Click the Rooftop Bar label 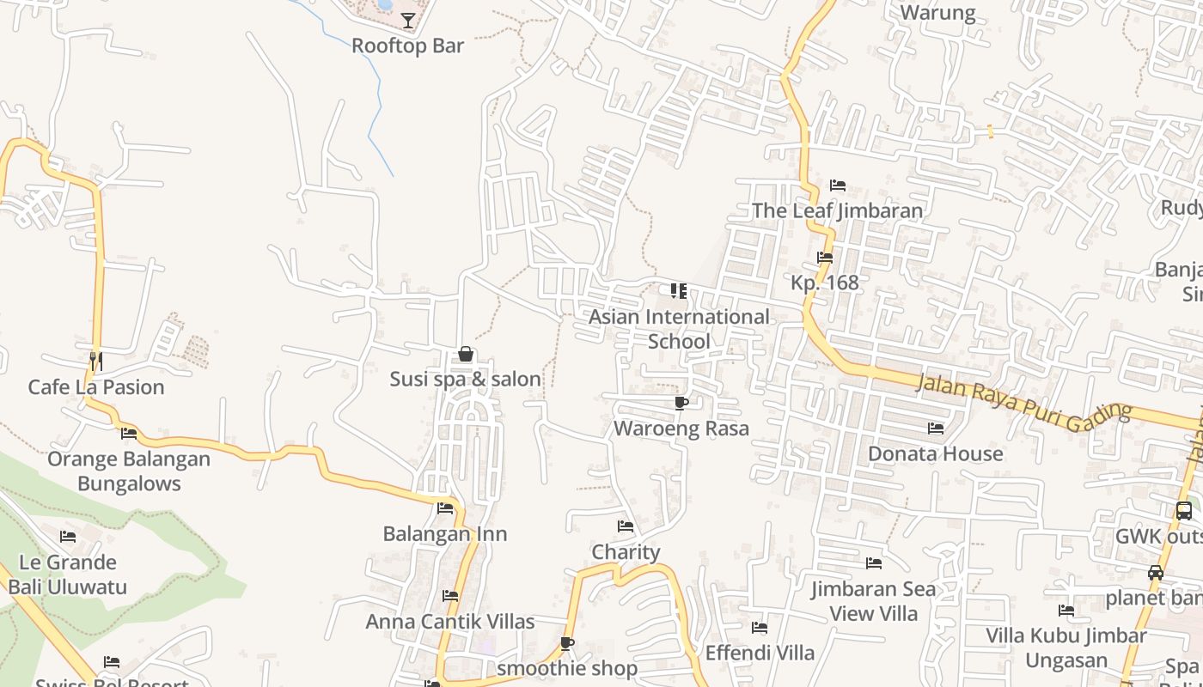[407, 46]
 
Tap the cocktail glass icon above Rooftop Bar [408, 21]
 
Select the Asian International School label [679, 329]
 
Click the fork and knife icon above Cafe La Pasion [95, 361]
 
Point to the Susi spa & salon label [465, 379]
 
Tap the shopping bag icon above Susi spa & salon [465, 354]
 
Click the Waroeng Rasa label [681, 428]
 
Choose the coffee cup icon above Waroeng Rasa [681, 403]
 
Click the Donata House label [935, 453]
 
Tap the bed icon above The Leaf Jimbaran [838, 185]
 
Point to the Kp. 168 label [824, 283]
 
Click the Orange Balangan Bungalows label [129, 471]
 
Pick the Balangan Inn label [444, 533]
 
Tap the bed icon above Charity [626, 526]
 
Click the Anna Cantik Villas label [450, 621]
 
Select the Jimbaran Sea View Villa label [874, 601]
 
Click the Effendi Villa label [760, 653]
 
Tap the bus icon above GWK [1183, 511]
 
